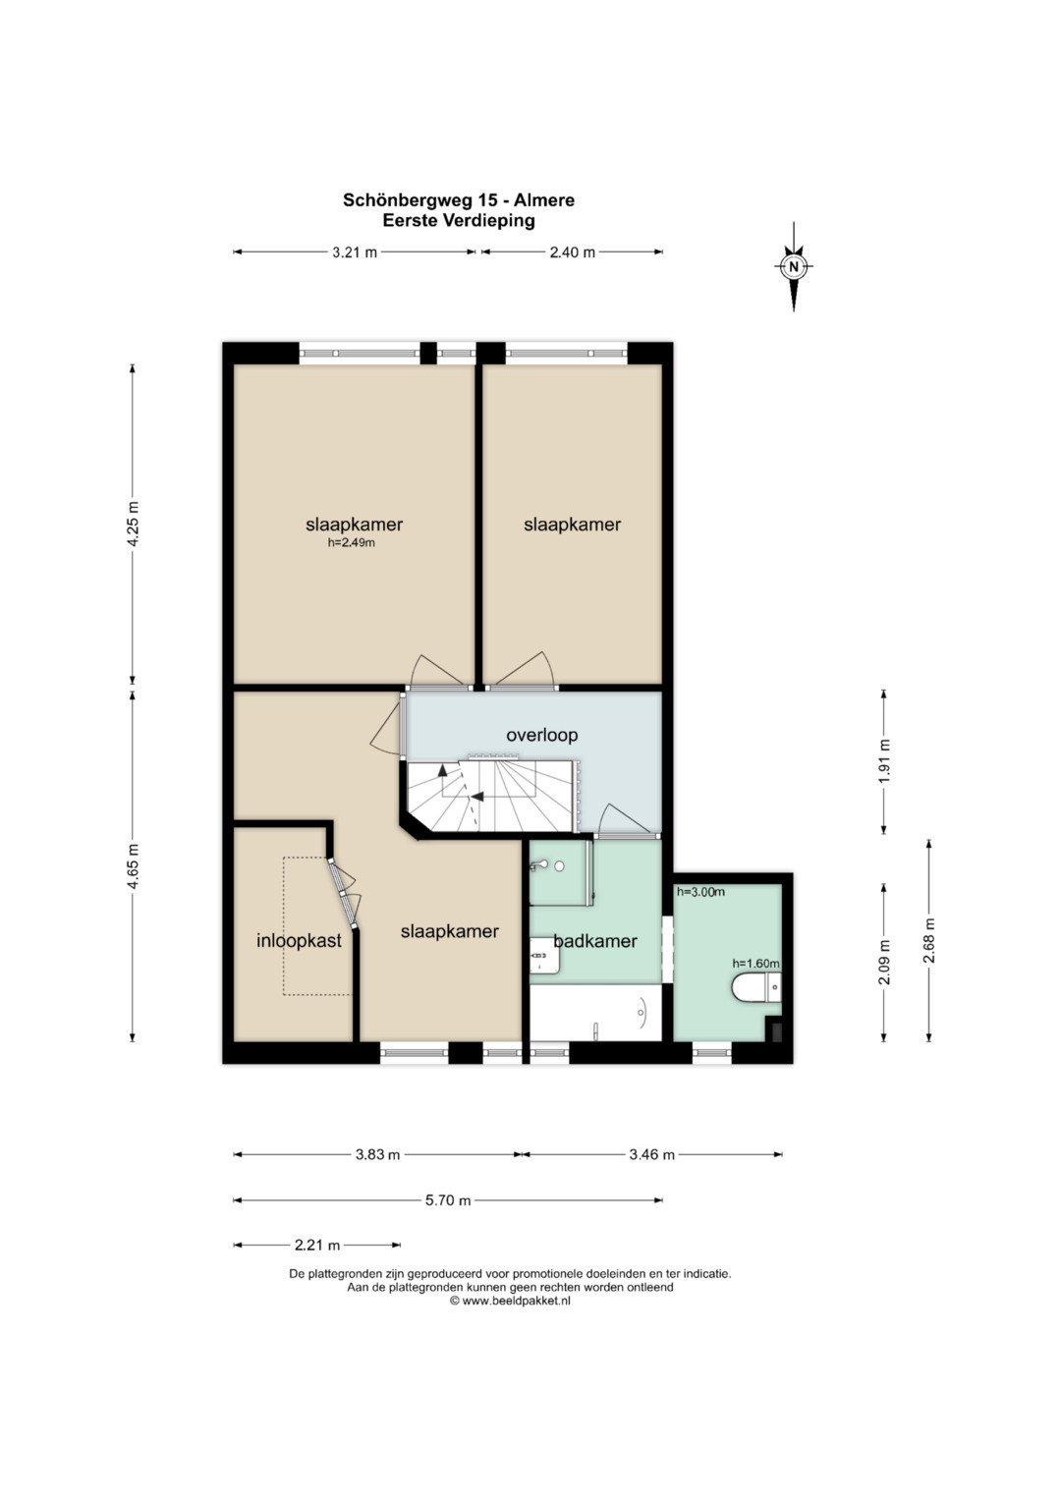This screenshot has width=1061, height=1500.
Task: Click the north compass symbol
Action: tap(794, 266)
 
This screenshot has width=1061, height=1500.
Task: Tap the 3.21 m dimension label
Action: tap(355, 252)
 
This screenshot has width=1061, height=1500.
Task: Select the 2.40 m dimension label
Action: tap(573, 252)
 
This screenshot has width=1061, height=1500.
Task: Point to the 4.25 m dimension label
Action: tap(134, 524)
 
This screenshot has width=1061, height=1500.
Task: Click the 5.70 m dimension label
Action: tap(448, 1200)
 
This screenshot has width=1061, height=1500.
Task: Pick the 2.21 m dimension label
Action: tap(317, 1246)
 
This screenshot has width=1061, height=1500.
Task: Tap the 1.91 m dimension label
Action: tap(885, 761)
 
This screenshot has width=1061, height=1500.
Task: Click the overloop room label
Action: tap(542, 736)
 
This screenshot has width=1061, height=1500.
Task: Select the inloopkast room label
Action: tap(299, 941)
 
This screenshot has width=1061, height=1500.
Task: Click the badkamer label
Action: tap(595, 941)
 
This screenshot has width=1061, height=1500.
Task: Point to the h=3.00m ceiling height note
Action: tap(700, 892)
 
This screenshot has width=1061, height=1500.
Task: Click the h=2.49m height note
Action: tap(351, 543)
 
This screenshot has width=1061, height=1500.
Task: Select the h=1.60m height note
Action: tap(756, 964)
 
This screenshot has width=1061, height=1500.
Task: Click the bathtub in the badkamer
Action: tap(595, 1013)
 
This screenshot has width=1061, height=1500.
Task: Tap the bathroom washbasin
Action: tap(544, 955)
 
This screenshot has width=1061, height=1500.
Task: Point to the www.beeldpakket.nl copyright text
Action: tap(516, 1302)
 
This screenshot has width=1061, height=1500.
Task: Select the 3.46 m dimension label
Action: tap(651, 1154)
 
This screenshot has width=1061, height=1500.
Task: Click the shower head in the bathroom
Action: tap(538, 865)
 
